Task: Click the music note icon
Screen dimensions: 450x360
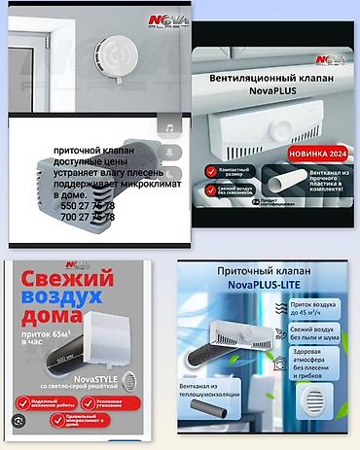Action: point(169,127)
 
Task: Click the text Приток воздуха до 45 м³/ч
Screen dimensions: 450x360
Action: point(322,312)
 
